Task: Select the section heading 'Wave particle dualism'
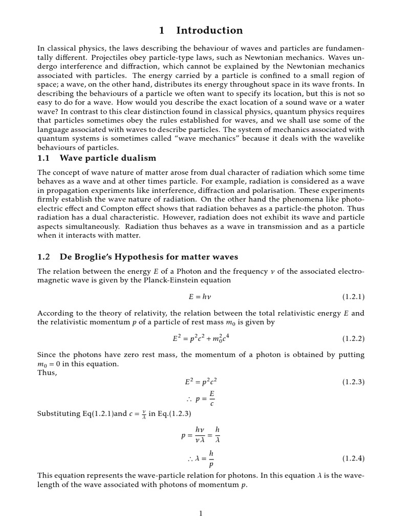[108, 158]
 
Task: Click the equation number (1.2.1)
[353, 297]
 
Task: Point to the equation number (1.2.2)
[353, 339]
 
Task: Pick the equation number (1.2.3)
[353, 382]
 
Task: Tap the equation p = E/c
[201, 398]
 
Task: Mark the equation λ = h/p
[200, 458]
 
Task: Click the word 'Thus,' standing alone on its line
[48, 373]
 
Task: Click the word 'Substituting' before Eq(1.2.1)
[57, 413]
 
